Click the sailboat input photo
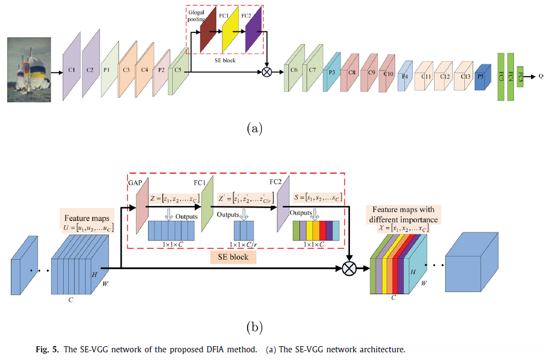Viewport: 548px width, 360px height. [29, 69]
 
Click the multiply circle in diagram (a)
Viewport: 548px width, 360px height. [267, 72]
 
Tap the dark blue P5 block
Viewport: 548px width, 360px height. [481, 77]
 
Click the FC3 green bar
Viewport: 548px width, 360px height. [501, 77]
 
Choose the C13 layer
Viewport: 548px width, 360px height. [465, 77]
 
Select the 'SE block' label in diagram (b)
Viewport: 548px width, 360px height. [233, 257]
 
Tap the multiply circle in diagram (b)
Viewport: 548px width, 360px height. [349, 269]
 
